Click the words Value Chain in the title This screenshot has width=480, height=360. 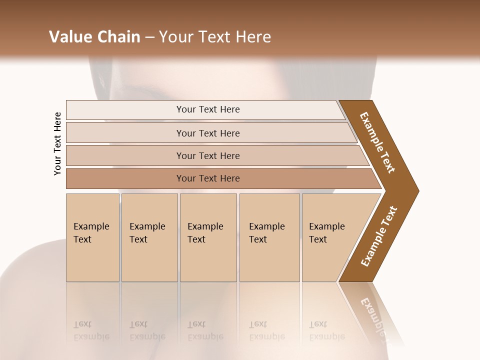click(94, 37)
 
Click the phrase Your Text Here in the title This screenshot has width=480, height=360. click(215, 37)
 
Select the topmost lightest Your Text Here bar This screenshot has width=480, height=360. click(207, 109)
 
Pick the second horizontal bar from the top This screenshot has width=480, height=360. click(207, 133)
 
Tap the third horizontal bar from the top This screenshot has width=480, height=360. click(207, 155)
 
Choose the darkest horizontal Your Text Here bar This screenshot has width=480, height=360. click(207, 178)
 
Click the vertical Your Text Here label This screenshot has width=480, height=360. click(57, 143)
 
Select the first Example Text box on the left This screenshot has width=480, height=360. click(92, 237)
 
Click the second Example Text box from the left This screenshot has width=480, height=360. click(149, 237)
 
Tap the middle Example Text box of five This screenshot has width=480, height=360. click(207, 237)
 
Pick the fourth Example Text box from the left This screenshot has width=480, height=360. click(269, 237)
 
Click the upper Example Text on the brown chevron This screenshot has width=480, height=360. click(377, 142)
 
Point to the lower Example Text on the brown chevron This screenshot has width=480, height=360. click(379, 236)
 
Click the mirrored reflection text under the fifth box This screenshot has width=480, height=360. click(327, 330)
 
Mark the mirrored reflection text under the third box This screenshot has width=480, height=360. click(205, 330)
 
